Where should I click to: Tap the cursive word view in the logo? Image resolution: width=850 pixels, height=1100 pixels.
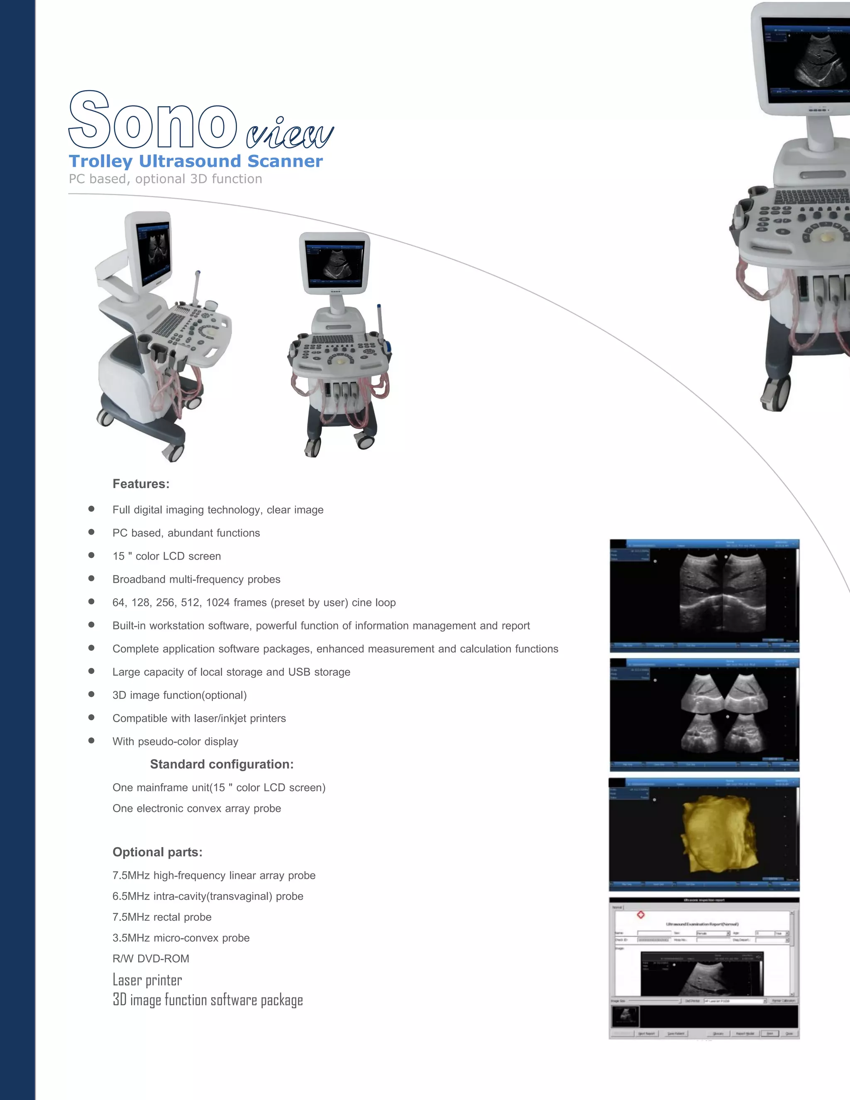[x=290, y=134]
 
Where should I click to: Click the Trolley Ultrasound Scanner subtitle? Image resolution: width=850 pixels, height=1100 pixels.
[x=195, y=161]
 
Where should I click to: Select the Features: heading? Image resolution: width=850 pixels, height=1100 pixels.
[x=141, y=484]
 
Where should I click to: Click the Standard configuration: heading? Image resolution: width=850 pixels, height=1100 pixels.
[x=222, y=764]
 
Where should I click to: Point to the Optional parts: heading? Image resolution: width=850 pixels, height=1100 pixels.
[x=157, y=852]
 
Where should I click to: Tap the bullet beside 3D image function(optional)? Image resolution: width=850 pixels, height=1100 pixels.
[x=91, y=694]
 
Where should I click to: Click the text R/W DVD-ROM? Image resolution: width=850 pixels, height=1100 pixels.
[x=151, y=958]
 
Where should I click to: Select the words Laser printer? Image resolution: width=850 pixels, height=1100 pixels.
[x=147, y=980]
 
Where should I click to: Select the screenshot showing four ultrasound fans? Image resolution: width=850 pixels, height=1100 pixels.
[x=704, y=714]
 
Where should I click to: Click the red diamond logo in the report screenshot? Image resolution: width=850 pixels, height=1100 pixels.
[x=640, y=914]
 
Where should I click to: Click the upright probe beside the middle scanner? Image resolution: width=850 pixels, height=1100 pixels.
[x=380, y=323]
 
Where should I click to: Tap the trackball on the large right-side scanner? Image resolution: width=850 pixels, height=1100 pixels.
[x=826, y=237]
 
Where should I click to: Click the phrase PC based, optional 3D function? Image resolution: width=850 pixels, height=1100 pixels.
[x=165, y=179]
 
